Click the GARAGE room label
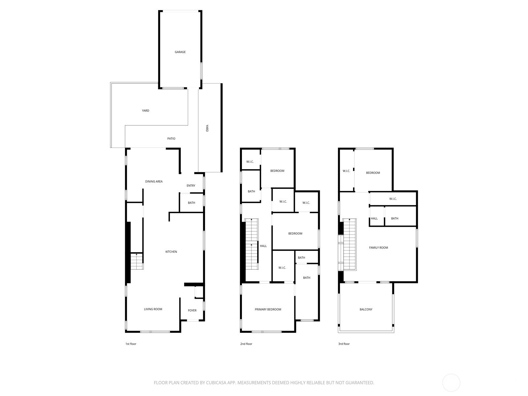click(x=180, y=52)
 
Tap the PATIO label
click(x=171, y=139)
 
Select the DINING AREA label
click(x=154, y=181)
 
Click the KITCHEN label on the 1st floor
click(x=171, y=252)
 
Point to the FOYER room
click(x=192, y=311)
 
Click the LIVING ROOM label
click(x=153, y=309)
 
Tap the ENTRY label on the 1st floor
click(x=191, y=186)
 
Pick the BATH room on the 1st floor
click(x=191, y=203)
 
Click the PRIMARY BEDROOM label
click(x=268, y=310)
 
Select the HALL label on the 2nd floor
click(x=263, y=246)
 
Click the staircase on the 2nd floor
click(x=251, y=244)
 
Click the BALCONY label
click(x=366, y=310)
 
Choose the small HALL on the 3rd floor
click(x=374, y=218)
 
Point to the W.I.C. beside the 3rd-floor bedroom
click(x=346, y=171)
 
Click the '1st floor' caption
click(x=131, y=344)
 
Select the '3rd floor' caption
click(x=344, y=344)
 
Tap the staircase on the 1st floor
click(x=136, y=261)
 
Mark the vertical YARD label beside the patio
click(x=207, y=128)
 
